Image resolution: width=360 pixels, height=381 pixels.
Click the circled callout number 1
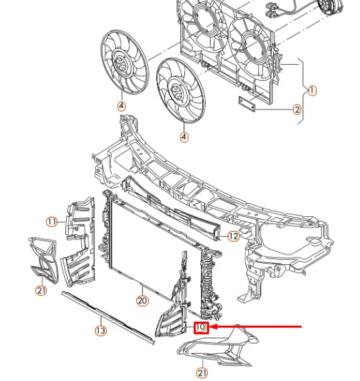(312, 90)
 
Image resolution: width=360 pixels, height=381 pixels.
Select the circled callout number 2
(297, 110)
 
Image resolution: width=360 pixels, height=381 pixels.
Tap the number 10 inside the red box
(201, 327)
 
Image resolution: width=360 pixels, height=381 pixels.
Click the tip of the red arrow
(212, 327)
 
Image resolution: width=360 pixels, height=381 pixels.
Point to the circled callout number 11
(51, 222)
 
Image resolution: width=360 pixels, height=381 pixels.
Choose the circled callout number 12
(232, 236)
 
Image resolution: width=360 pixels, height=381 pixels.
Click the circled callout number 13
(100, 330)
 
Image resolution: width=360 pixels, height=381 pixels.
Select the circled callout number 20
(142, 301)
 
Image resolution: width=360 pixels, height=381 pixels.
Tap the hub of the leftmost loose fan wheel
(124, 66)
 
